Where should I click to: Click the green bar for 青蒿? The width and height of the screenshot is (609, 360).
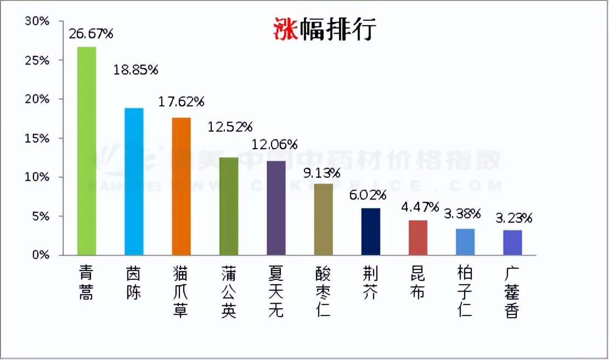coord(87,151)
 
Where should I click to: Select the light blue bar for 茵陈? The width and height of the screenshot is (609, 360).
coord(134,182)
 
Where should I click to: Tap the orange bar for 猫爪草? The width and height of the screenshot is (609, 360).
coord(182,187)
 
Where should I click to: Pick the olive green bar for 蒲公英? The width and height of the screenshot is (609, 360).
coord(229,206)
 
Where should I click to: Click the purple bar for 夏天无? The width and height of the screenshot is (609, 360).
coord(276,208)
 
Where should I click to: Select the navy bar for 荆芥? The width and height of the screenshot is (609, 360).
coord(371,232)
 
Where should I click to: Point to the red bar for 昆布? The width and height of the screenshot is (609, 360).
coord(418,238)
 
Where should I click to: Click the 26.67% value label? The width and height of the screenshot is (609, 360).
coord(91,34)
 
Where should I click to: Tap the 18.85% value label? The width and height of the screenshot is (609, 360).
coord(136,70)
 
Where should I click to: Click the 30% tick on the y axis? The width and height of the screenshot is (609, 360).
coord(37,21)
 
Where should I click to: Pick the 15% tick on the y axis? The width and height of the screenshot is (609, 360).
coord(37,138)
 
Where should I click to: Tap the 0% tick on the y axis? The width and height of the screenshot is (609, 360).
coord(40,255)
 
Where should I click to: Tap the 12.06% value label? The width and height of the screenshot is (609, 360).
coord(274,145)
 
